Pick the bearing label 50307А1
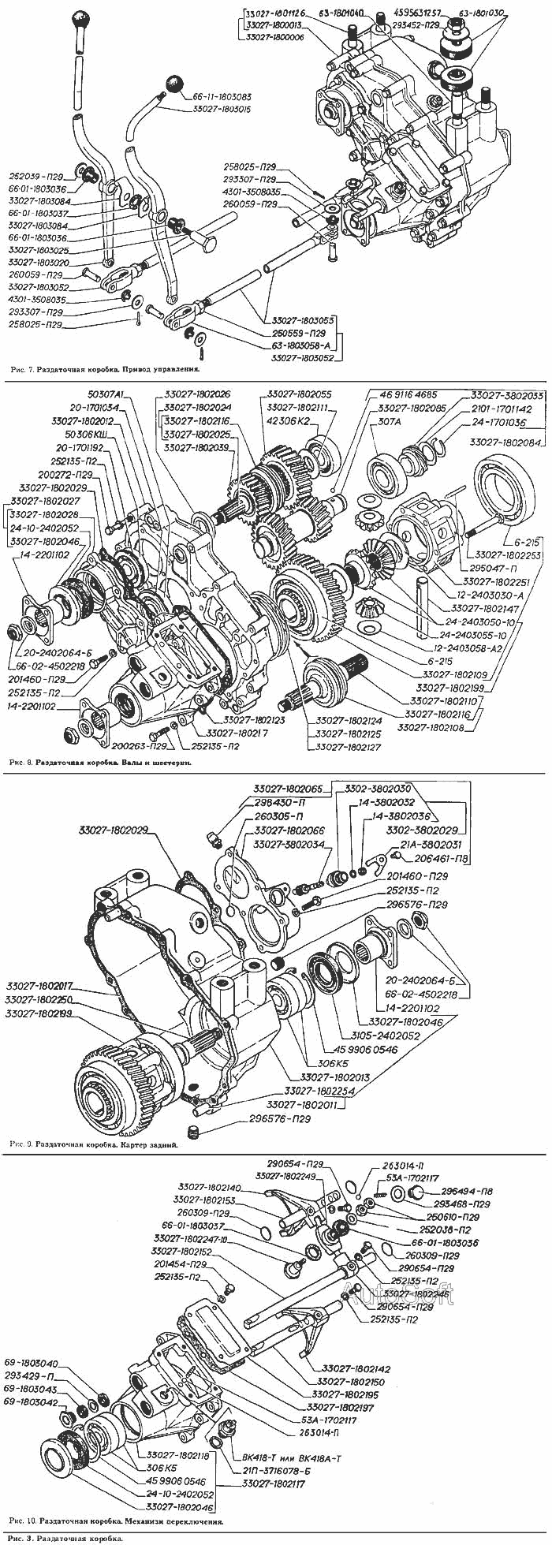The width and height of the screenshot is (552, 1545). (x=106, y=394)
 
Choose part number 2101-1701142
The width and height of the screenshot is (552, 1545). (x=502, y=409)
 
